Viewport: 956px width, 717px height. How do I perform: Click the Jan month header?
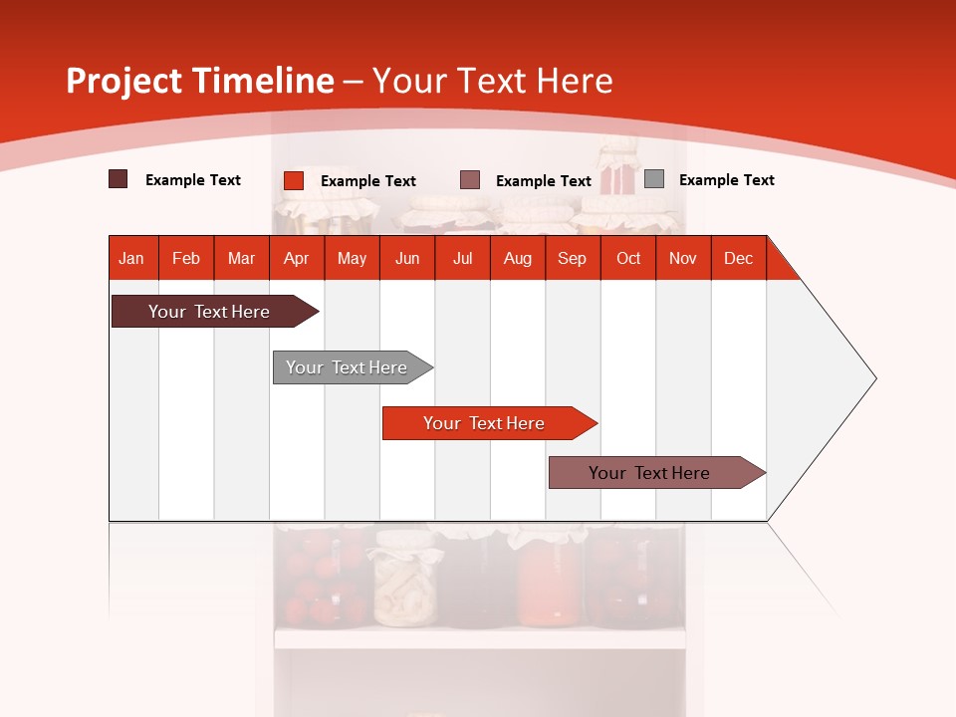click(x=132, y=258)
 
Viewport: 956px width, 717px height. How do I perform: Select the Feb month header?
click(x=186, y=258)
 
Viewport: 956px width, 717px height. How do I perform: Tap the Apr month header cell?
click(x=297, y=258)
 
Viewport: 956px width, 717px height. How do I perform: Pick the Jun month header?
click(x=407, y=258)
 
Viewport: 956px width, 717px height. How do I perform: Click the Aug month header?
click(x=518, y=258)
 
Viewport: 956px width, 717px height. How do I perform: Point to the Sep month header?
click(x=573, y=258)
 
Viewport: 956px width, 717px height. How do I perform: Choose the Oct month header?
click(x=628, y=258)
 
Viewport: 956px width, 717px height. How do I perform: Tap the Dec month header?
click(x=739, y=258)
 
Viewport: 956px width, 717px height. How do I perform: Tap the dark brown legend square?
click(x=119, y=179)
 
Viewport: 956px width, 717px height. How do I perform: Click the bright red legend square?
click(x=294, y=180)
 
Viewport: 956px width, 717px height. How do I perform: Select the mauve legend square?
click(x=470, y=180)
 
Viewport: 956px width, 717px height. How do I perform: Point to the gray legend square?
click(x=654, y=179)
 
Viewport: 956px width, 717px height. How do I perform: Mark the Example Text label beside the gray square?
click(x=726, y=180)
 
